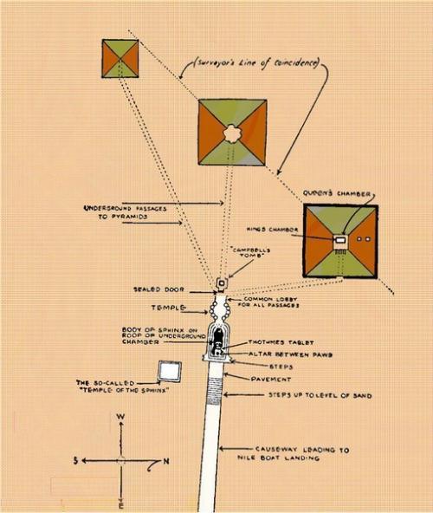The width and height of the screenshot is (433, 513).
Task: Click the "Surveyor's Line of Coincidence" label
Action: (255, 63)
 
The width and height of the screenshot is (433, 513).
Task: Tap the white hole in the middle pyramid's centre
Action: (232, 133)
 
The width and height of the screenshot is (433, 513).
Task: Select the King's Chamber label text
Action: (272, 230)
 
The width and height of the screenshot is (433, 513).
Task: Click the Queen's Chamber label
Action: (337, 194)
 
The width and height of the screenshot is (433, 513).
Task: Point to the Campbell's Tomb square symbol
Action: (222, 283)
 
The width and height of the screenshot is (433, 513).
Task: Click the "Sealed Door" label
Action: (159, 289)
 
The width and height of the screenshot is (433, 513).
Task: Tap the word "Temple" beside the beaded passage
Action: (168, 308)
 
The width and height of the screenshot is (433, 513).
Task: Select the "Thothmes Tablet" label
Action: (281, 342)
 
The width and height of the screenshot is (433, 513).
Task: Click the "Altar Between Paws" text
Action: (290, 354)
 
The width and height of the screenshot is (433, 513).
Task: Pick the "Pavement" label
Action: (271, 380)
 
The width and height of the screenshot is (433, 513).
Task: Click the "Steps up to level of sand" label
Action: (320, 395)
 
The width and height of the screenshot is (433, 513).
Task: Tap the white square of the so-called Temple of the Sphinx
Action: (170, 372)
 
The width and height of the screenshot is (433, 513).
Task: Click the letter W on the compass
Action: (120, 417)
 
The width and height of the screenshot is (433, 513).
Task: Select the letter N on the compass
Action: (166, 461)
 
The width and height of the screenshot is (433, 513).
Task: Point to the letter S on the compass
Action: (76, 461)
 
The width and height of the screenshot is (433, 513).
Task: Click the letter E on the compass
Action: (121, 507)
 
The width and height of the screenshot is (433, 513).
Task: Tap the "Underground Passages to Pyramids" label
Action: (126, 212)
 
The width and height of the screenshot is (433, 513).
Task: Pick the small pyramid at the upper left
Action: (120, 59)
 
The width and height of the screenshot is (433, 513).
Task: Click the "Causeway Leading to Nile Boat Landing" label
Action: (294, 454)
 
